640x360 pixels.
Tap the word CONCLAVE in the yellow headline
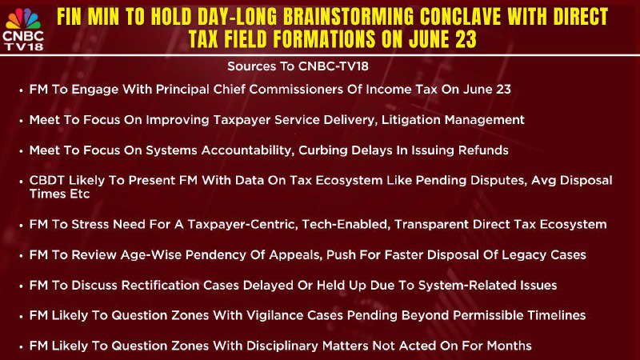pyautogui.click(x=460, y=17)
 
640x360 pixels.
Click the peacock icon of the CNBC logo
pyautogui.click(x=23, y=18)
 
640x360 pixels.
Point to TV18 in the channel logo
pyautogui.click(x=24, y=46)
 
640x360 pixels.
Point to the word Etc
pyautogui.click(x=79, y=194)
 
